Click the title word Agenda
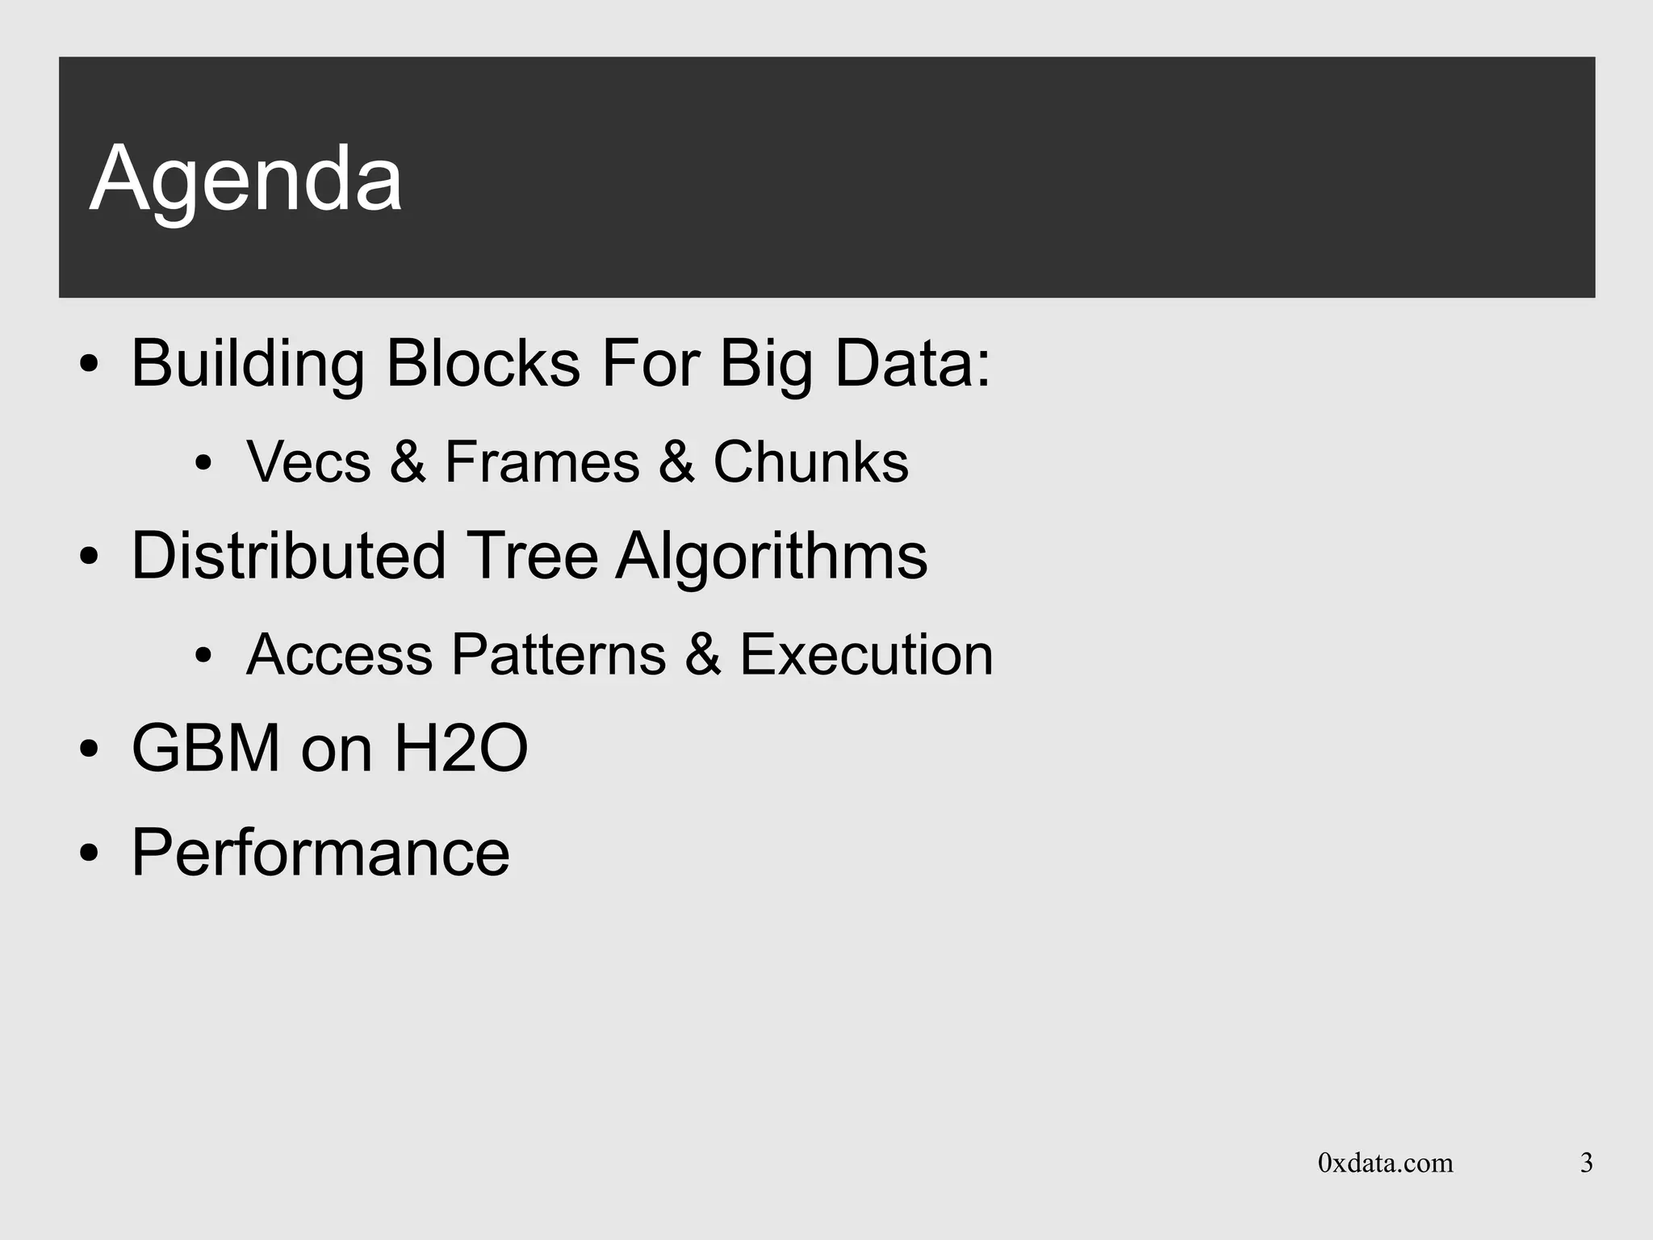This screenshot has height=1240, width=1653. (x=245, y=179)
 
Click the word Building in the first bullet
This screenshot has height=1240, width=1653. (x=247, y=364)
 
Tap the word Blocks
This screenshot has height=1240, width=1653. (x=483, y=364)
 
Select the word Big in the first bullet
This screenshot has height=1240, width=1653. (x=765, y=364)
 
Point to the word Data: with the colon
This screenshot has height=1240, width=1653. (x=912, y=364)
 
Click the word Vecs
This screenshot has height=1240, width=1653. (x=308, y=462)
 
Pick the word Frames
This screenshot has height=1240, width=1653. (x=542, y=462)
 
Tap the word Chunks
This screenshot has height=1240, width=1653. (x=810, y=462)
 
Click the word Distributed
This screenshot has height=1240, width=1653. (x=288, y=556)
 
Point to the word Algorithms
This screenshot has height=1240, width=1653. (x=771, y=556)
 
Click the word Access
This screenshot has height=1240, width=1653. (x=339, y=654)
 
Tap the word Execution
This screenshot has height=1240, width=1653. (x=866, y=654)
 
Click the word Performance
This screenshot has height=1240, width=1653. (x=320, y=853)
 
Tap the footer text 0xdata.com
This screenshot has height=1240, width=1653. (x=1385, y=1163)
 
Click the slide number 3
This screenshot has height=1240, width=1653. (x=1586, y=1163)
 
